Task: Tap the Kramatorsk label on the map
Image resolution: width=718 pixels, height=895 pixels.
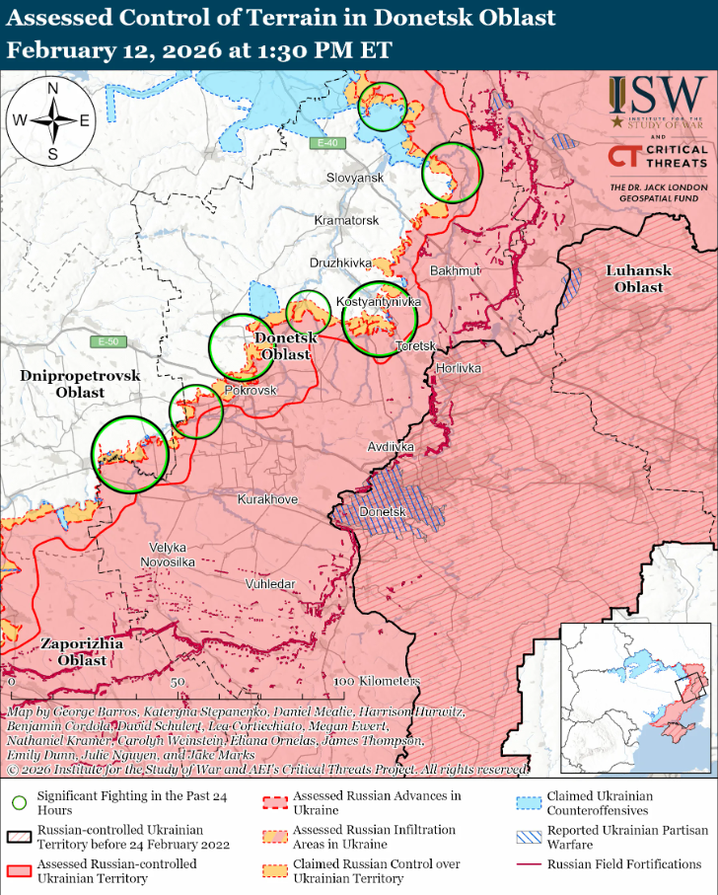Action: point(346,220)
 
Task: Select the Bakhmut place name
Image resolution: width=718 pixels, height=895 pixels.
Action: point(455,270)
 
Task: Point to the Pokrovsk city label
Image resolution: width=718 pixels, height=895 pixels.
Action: point(251,391)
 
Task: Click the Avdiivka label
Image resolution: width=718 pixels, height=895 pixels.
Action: point(391,447)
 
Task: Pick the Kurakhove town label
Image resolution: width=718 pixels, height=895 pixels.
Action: point(267,500)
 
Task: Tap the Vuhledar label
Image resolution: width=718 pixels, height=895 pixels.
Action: point(270,584)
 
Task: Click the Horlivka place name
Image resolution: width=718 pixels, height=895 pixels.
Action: point(458,368)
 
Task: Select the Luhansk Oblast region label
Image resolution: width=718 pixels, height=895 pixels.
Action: point(638,278)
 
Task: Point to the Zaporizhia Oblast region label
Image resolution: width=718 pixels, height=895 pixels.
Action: point(82,651)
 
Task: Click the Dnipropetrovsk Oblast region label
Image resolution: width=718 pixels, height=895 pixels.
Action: point(67,384)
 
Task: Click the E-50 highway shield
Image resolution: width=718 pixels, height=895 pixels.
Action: point(109,342)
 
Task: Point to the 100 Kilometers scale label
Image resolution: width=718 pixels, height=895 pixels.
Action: point(377,682)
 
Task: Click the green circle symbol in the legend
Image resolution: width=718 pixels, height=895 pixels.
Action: point(19,803)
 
